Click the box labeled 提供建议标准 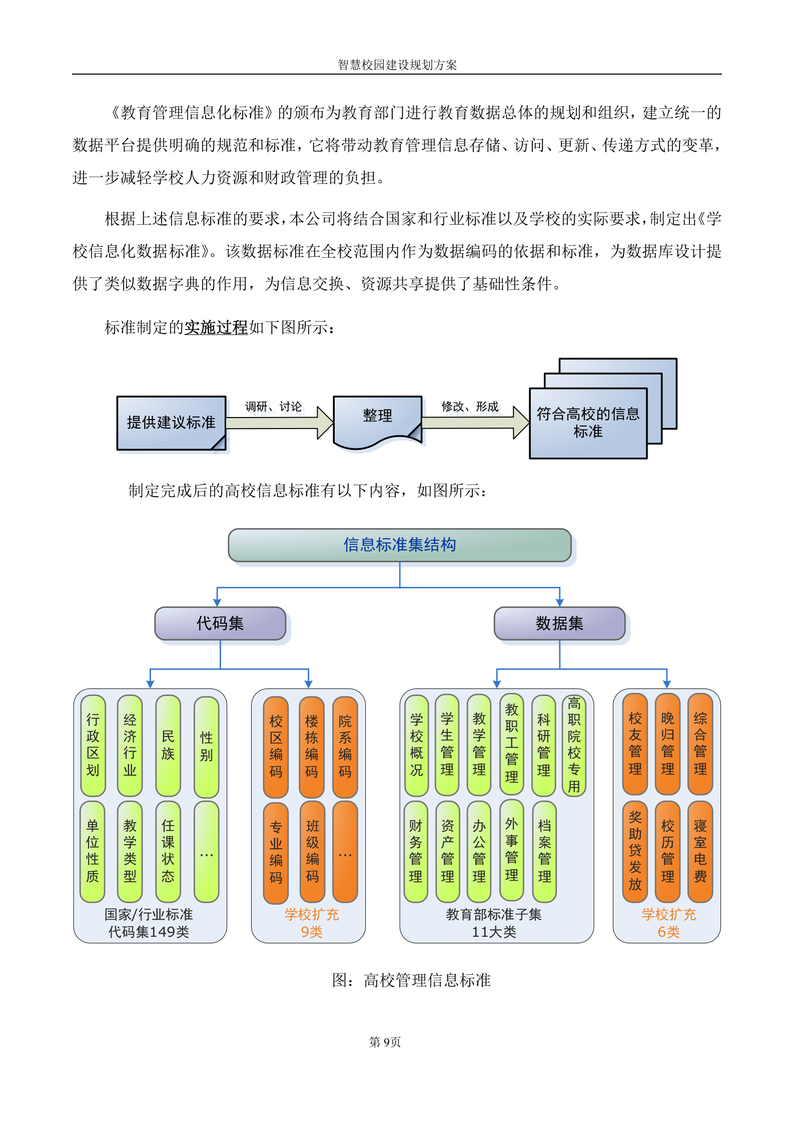coord(171,423)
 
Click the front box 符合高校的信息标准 coord(588,423)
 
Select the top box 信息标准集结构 coord(399,545)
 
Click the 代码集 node coord(220,623)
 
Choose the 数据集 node coord(559,623)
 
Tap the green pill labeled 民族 coord(168,745)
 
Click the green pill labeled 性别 coord(206,746)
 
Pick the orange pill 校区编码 coord(276,746)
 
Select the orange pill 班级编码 coord(312,851)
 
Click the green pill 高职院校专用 coord(574,745)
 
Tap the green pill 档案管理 coord(544,851)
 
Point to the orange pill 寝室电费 coord(700,851)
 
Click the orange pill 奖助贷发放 coord(635,851)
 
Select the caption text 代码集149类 coord(149,932)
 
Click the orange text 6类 coord(668,932)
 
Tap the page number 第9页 coord(385,1042)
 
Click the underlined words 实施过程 coord(216,327)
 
